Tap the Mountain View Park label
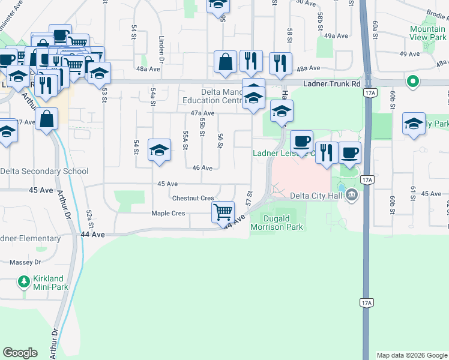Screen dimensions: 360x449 click(x=427, y=33)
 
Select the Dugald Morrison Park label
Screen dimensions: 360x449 click(x=277, y=223)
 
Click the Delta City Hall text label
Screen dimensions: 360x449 click(x=315, y=195)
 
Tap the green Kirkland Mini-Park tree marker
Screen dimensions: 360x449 click(x=23, y=281)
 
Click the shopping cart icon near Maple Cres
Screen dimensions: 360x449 click(x=223, y=211)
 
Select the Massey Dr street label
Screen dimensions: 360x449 click(x=26, y=262)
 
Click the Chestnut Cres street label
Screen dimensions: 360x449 click(x=193, y=198)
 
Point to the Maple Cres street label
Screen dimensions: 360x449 click(x=168, y=213)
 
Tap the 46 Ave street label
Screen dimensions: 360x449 click(x=202, y=168)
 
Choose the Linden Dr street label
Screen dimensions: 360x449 click(x=161, y=48)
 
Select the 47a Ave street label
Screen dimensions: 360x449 click(x=202, y=113)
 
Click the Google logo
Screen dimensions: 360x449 click(x=20, y=353)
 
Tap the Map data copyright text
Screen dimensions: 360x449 click(x=411, y=355)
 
